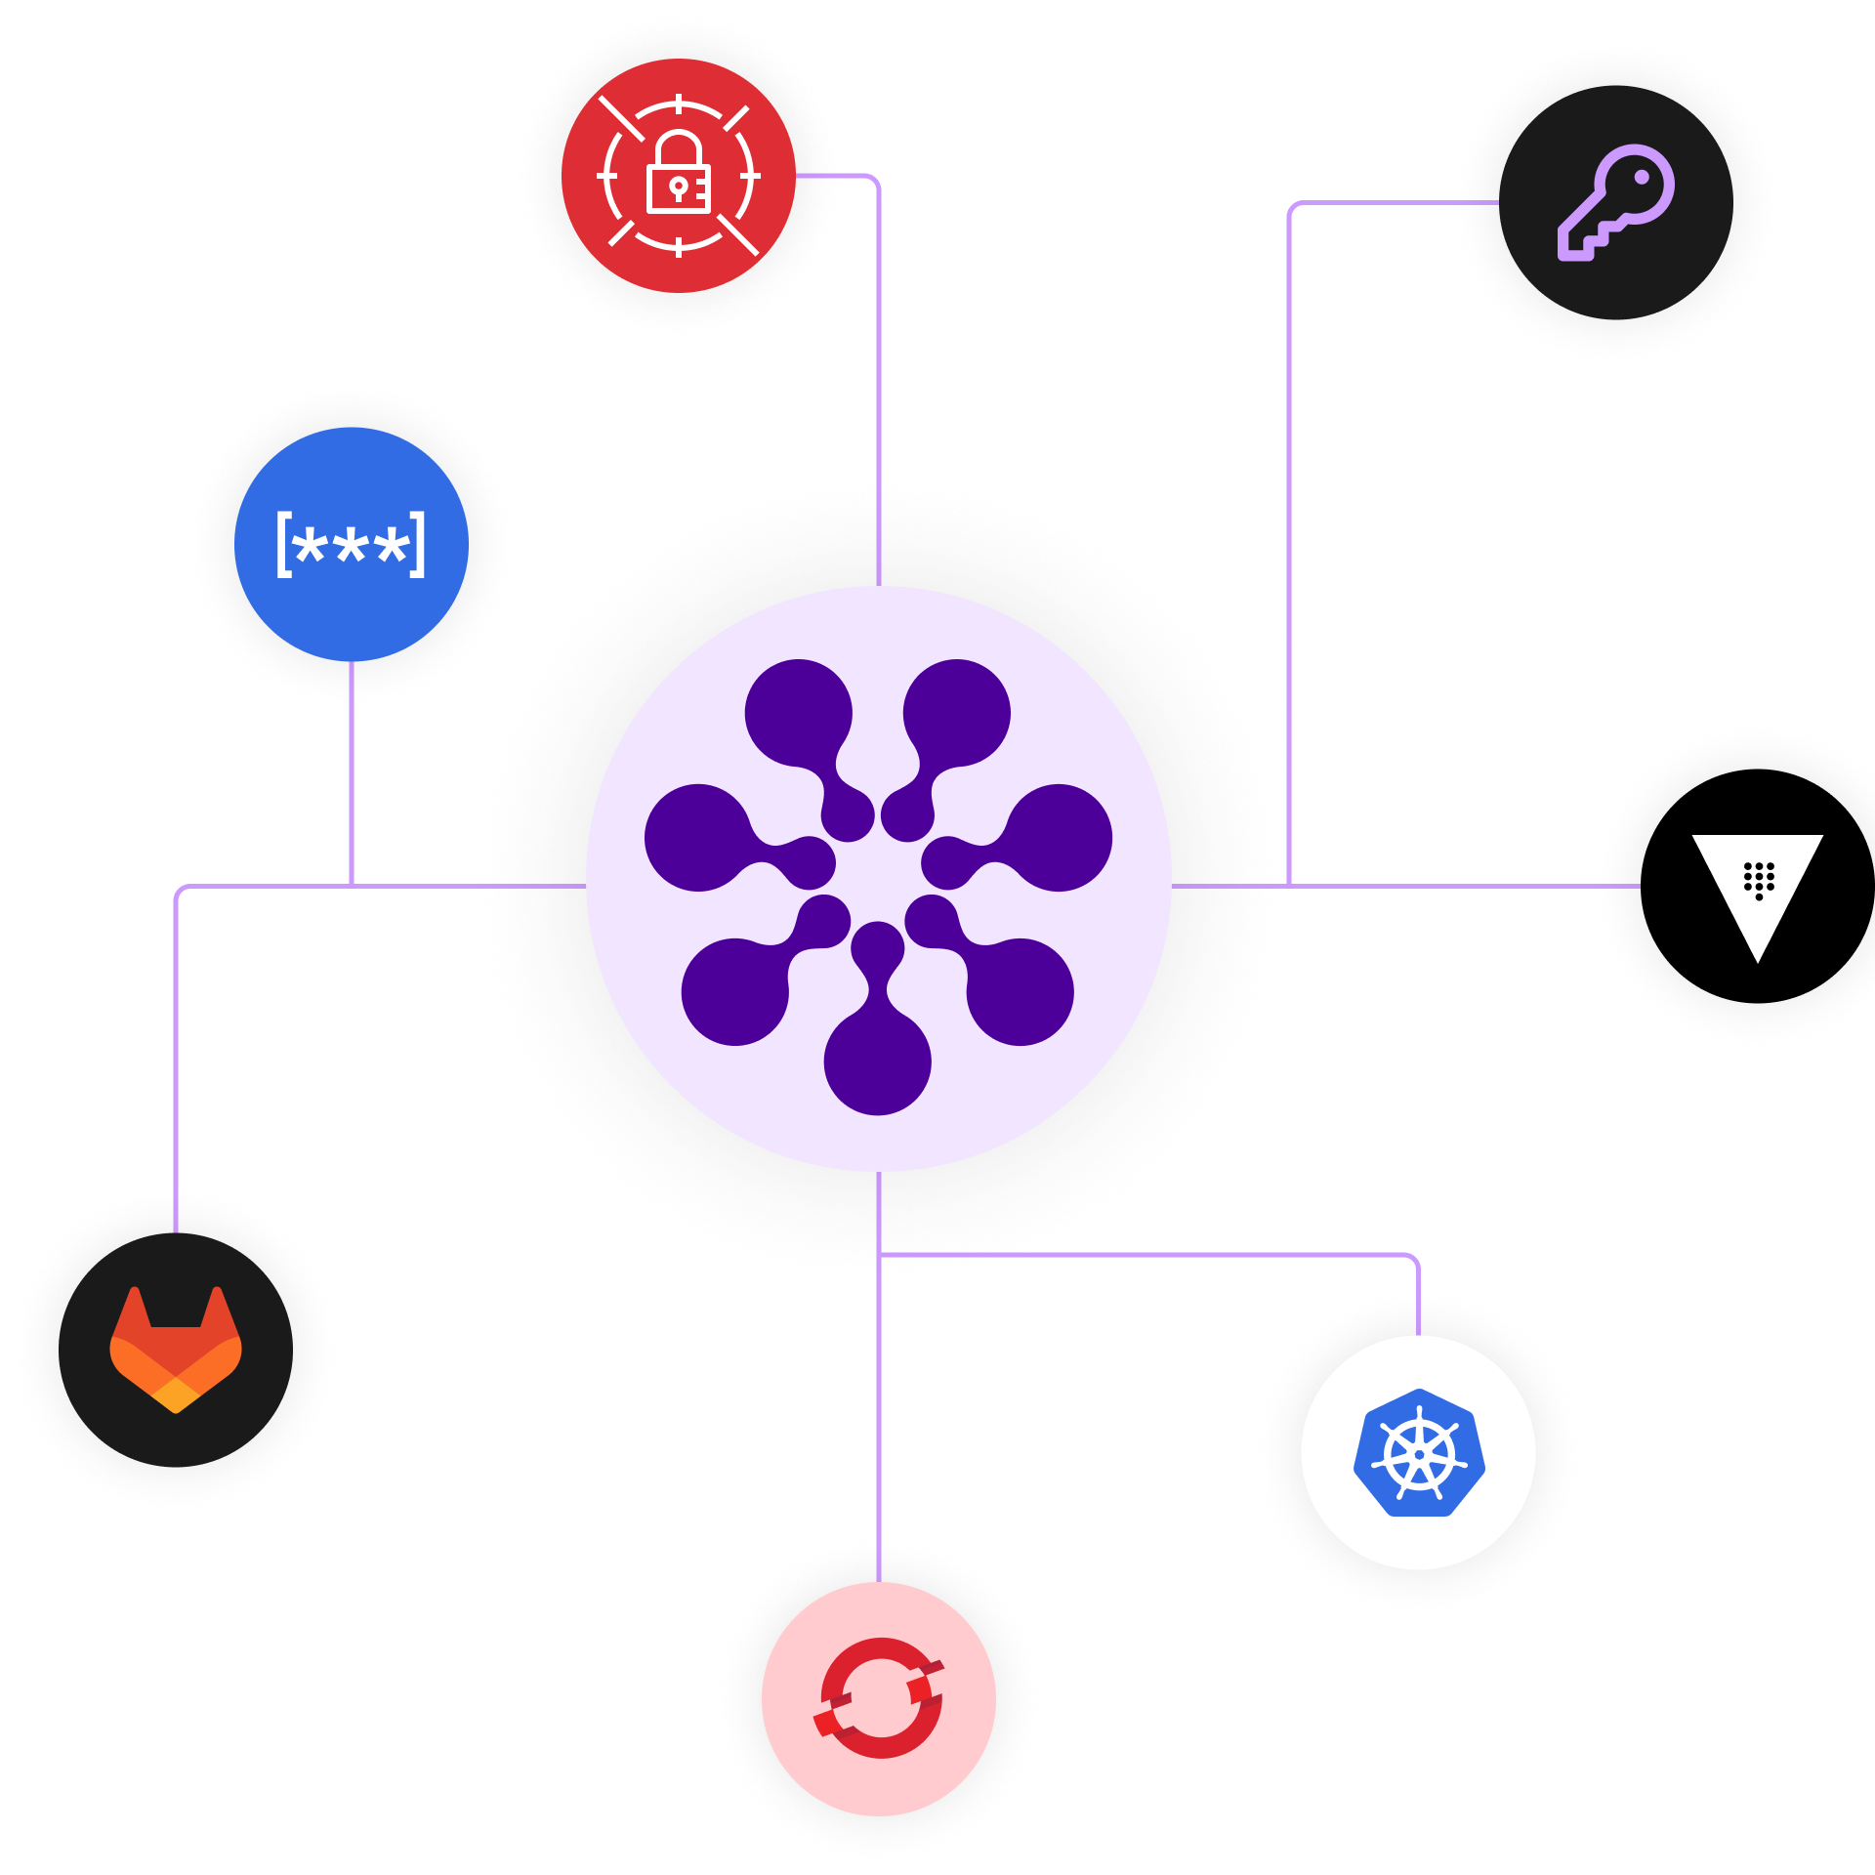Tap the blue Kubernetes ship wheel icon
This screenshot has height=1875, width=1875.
(1419, 1453)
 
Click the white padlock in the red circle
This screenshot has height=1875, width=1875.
(678, 176)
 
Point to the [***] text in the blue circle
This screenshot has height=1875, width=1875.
(351, 545)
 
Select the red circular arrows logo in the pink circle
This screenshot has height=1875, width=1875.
(879, 1699)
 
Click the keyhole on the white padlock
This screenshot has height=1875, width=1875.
(678, 187)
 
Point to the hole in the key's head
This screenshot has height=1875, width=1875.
(1642, 179)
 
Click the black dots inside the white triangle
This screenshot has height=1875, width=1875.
(1759, 880)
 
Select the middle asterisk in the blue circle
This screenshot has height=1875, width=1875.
(351, 545)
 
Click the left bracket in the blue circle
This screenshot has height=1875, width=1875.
(283, 545)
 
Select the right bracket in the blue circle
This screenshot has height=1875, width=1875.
(418, 545)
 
